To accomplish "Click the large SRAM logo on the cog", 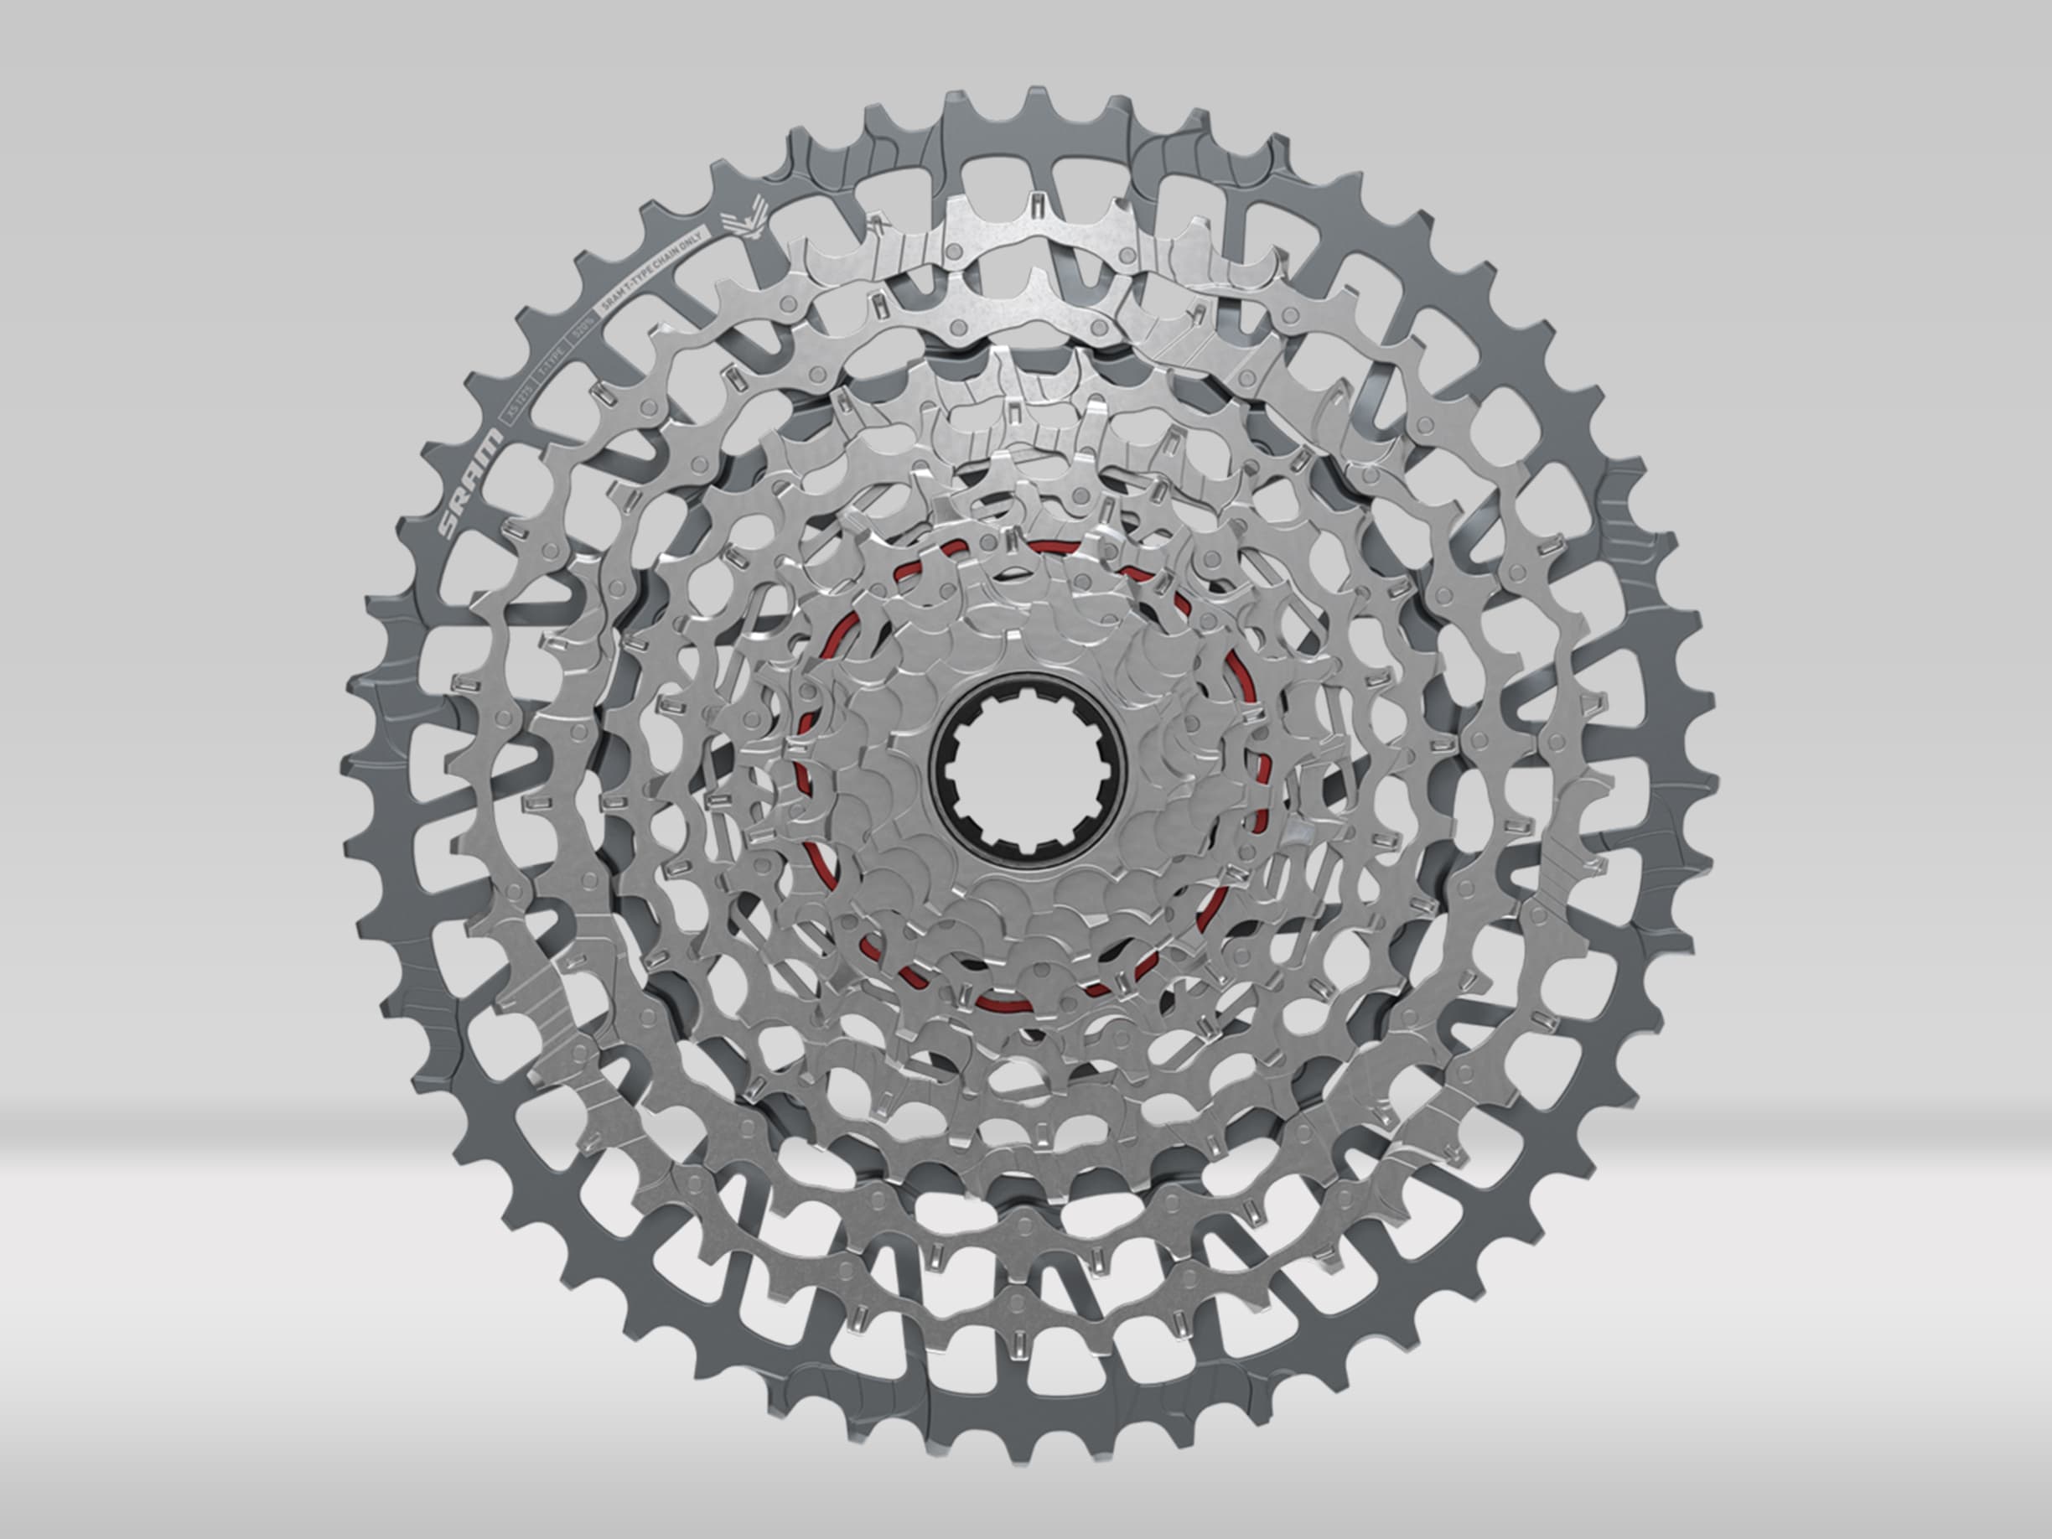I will (x=471, y=484).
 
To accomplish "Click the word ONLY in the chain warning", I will (x=691, y=241).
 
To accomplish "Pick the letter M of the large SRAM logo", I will (x=493, y=441).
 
